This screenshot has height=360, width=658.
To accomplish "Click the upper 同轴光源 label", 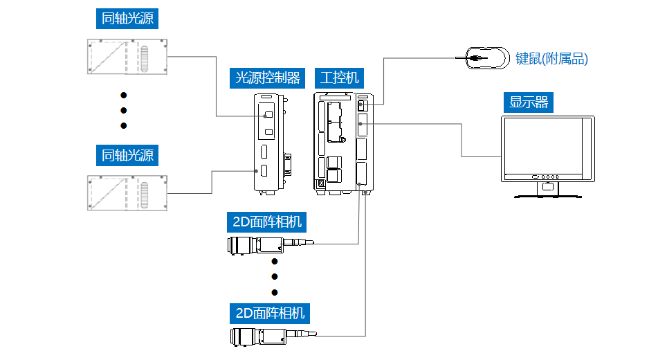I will point(127,19).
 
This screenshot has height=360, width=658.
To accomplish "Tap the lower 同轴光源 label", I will point(127,155).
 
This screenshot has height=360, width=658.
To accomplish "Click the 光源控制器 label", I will point(268,78).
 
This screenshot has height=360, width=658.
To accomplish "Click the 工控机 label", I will point(340,78).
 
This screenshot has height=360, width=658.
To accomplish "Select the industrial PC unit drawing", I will point(343,141).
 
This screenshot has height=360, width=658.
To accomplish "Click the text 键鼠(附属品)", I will point(551,59).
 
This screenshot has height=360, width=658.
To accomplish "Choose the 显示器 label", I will point(529,102).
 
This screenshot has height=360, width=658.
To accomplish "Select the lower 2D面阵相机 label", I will point(266,313).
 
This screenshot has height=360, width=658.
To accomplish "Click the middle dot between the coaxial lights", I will point(124,110).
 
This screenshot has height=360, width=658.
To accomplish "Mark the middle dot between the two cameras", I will point(275,277).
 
